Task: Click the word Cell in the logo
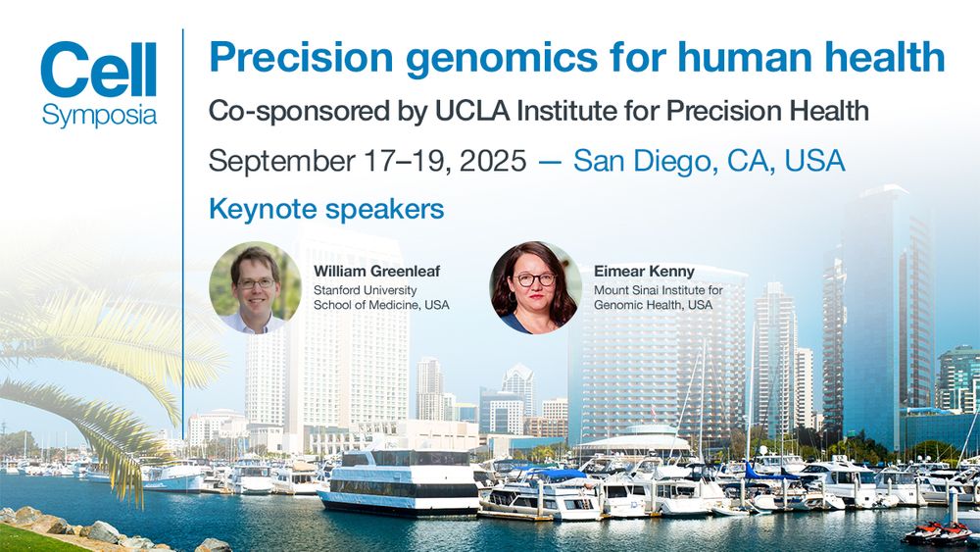click(98, 71)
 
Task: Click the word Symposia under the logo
click(99, 115)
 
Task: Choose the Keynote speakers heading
click(326, 209)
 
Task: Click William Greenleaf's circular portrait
click(255, 287)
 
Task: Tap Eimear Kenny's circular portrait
click(535, 287)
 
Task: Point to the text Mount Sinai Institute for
click(658, 290)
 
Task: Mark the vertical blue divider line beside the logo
click(183, 226)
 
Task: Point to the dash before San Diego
click(550, 161)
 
